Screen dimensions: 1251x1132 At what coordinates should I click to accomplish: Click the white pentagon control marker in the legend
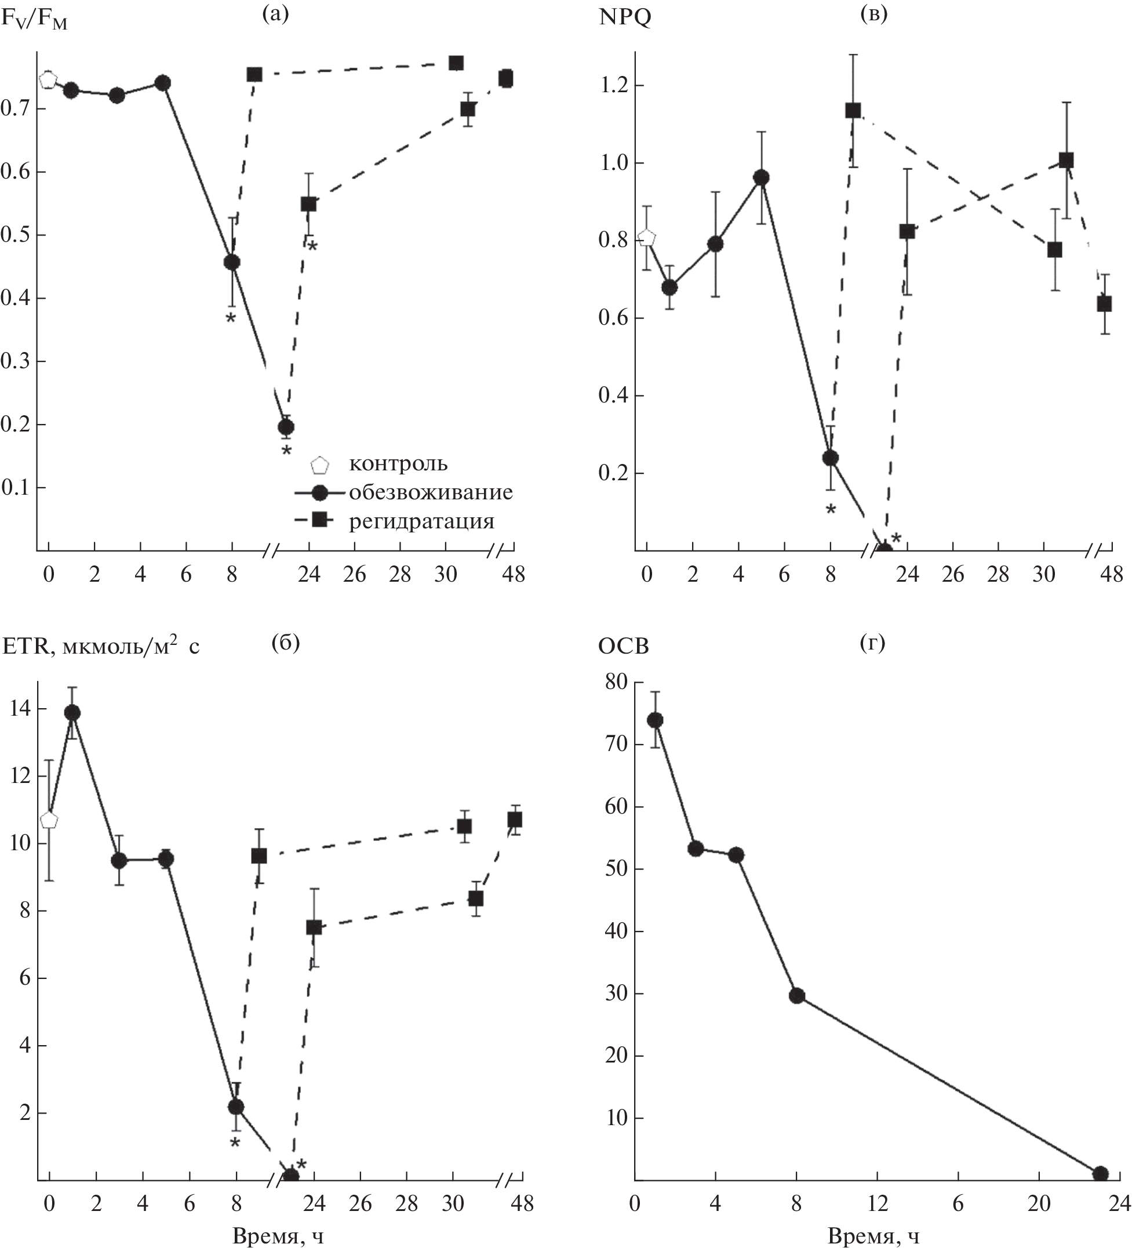[x=320, y=465]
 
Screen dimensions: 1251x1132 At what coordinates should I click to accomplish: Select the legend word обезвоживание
[x=431, y=492]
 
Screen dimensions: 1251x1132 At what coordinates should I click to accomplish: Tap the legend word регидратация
[x=422, y=521]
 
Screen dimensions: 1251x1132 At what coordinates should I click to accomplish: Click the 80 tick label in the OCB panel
[x=613, y=683]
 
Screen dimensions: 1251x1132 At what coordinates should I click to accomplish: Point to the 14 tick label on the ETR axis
[x=19, y=709]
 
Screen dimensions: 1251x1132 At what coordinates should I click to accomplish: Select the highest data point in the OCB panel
[x=655, y=720]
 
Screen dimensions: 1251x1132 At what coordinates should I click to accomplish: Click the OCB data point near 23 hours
[x=1100, y=1173]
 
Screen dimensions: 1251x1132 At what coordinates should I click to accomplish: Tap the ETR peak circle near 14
[x=72, y=712]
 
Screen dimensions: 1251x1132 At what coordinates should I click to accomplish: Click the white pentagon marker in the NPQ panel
[x=647, y=238]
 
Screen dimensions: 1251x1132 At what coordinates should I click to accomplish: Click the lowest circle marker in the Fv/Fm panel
[x=286, y=427]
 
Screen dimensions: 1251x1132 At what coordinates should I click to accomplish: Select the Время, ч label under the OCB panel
[x=873, y=1237]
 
